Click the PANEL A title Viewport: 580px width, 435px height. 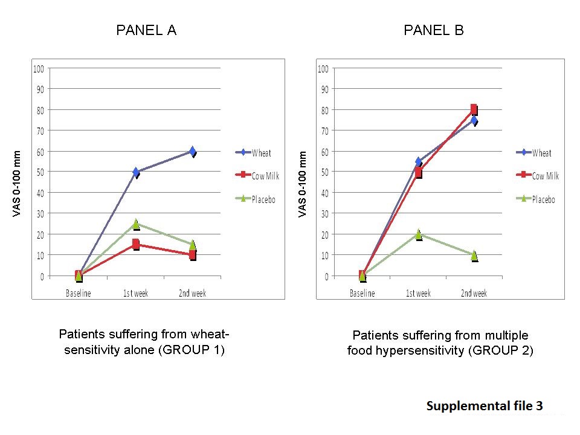[x=146, y=30]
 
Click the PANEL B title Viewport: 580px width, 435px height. [x=434, y=30]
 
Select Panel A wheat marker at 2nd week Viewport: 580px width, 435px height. [x=192, y=151]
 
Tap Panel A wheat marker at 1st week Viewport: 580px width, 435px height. [x=136, y=172]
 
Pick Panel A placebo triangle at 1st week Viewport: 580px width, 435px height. [x=136, y=224]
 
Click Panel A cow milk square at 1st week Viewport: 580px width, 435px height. [x=136, y=244]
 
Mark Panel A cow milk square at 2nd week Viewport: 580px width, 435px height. [x=192, y=255]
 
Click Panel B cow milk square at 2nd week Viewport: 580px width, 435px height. [x=474, y=109]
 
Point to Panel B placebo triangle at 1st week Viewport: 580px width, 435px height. [x=418, y=234]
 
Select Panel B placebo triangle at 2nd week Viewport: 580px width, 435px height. [x=474, y=256]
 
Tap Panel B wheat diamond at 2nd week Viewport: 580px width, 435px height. [x=474, y=121]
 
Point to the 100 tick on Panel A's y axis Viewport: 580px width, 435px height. [x=39, y=69]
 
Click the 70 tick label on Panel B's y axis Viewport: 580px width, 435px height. [x=325, y=131]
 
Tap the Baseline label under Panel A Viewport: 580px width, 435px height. [x=79, y=293]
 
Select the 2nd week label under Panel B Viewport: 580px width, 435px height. [x=474, y=293]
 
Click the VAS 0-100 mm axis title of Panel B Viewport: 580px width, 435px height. [x=302, y=184]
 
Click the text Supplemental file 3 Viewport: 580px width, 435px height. [x=485, y=406]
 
